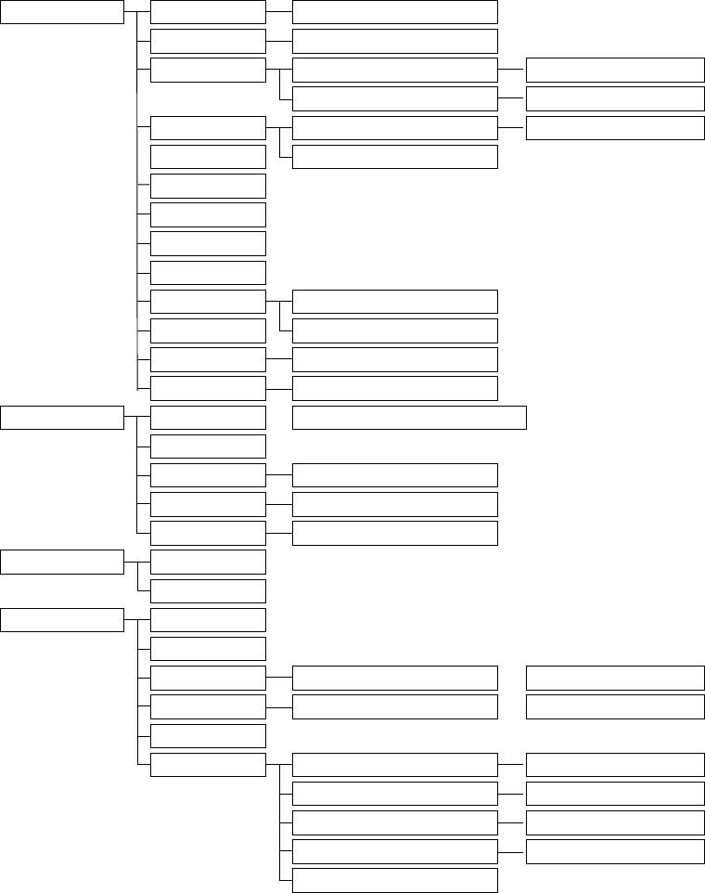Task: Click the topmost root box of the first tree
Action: (x=61, y=12)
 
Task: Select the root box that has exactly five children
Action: (x=61, y=418)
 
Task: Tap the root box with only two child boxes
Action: (x=61, y=562)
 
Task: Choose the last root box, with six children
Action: (x=61, y=620)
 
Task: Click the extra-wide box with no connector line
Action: (x=409, y=418)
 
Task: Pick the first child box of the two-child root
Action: (x=208, y=562)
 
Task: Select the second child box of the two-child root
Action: (x=208, y=590)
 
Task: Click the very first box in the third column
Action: (x=394, y=12)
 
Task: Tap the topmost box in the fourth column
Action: (x=614, y=70)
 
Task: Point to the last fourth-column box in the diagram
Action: (x=614, y=851)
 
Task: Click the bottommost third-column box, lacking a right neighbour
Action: (x=394, y=880)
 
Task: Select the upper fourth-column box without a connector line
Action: (x=614, y=679)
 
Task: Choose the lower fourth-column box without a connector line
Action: (x=614, y=707)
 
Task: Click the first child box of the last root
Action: (x=208, y=620)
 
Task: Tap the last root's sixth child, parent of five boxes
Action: (x=208, y=765)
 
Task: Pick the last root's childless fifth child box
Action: (x=208, y=736)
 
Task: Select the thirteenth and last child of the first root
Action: (x=208, y=388)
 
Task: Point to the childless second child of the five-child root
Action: (x=208, y=446)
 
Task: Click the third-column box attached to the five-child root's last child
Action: (x=394, y=533)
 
